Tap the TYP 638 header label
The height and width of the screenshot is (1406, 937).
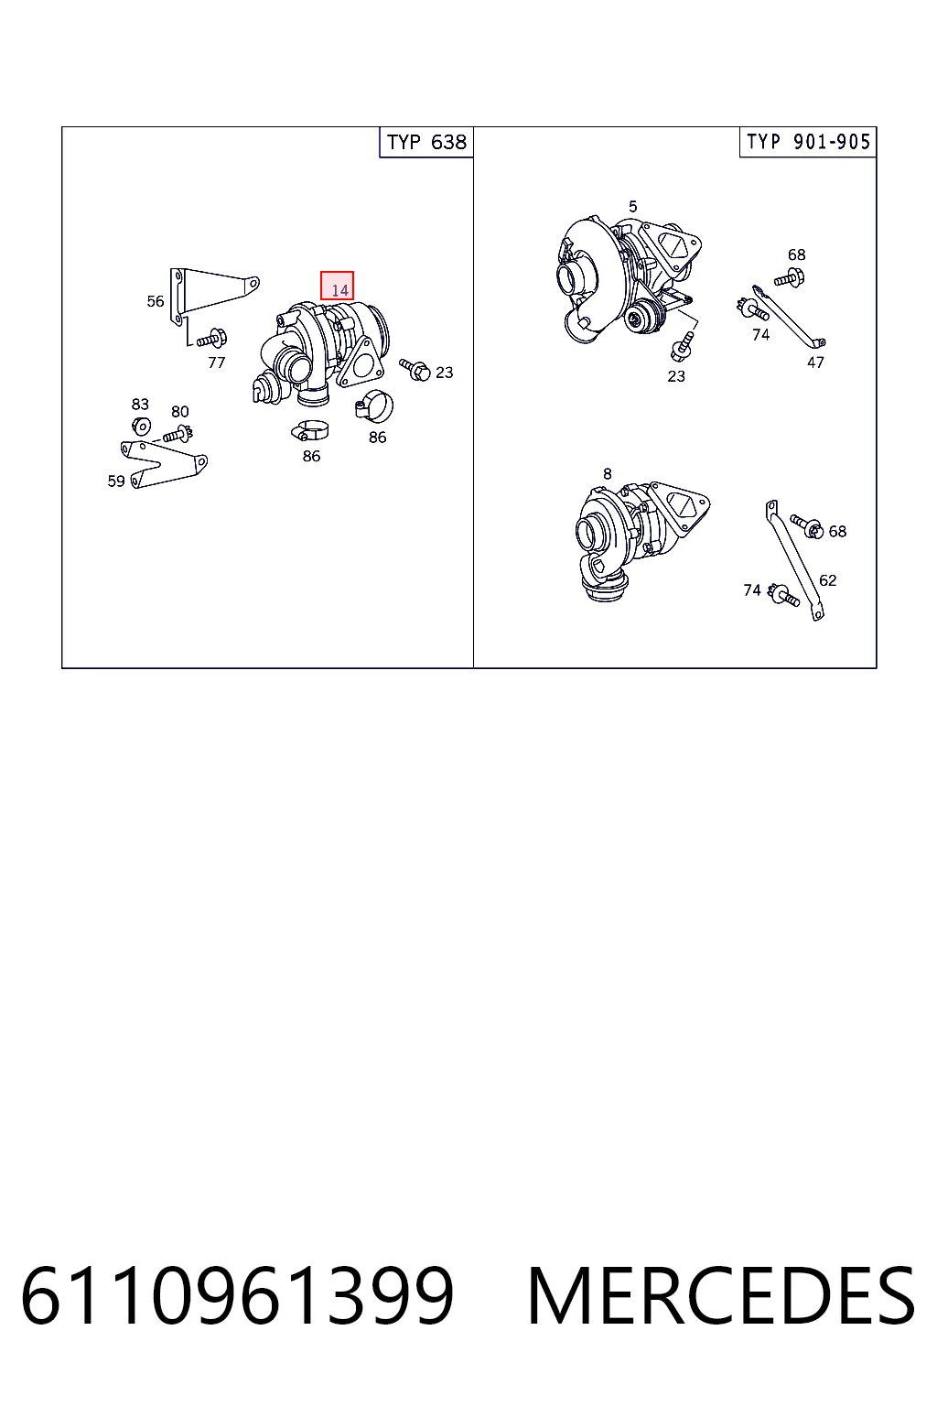pos(426,143)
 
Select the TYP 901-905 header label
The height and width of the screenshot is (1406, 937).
pos(808,142)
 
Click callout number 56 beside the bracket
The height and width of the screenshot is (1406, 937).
pos(155,301)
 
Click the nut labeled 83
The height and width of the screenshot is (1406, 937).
pos(141,426)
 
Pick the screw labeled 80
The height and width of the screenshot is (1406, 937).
pos(178,433)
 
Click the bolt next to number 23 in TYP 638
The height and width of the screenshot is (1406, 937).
pos(415,369)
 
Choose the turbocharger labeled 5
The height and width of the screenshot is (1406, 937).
pos(629,278)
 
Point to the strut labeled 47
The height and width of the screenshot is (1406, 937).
pos(788,318)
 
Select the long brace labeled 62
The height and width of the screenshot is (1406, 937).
pos(794,560)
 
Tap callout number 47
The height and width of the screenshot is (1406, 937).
pos(815,362)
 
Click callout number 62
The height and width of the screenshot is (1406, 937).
pos(828,580)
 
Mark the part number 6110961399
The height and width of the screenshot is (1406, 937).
pos(237,1296)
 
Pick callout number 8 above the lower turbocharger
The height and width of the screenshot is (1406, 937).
pos(607,474)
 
